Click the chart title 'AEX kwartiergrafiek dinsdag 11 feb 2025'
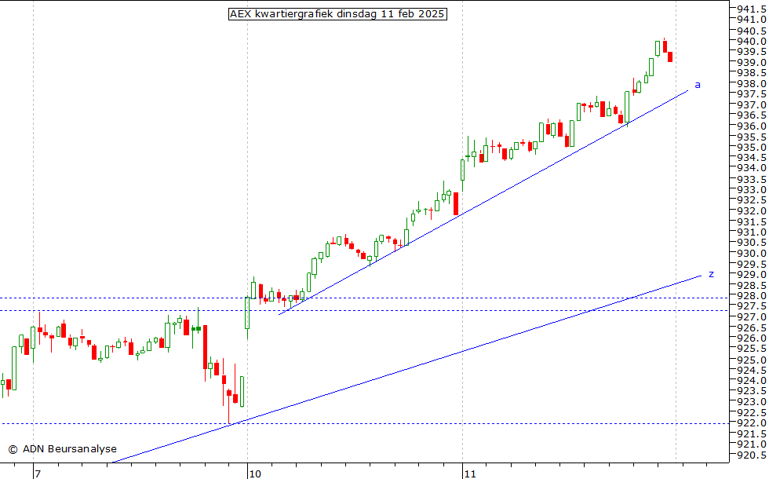click(x=337, y=14)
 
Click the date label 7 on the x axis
click(x=37, y=474)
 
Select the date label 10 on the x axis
click(x=255, y=474)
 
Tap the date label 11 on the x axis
click(x=470, y=474)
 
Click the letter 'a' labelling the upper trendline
click(x=698, y=85)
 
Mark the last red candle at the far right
click(x=670, y=57)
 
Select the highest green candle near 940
click(x=658, y=48)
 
